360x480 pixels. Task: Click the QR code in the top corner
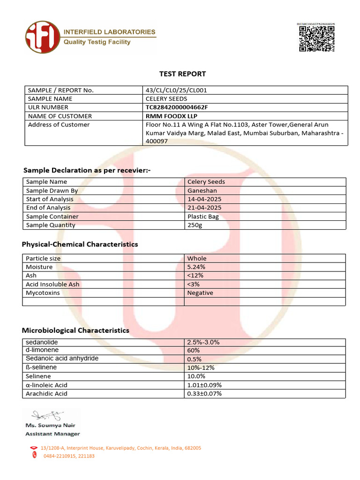[x=317, y=38]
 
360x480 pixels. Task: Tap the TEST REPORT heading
[x=182, y=74]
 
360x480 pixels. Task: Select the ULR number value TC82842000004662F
[x=177, y=107]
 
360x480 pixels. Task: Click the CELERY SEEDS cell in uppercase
[x=166, y=98]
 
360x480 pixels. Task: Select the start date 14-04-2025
[x=204, y=199]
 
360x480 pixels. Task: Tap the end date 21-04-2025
[x=204, y=208]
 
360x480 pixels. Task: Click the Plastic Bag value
[x=203, y=216]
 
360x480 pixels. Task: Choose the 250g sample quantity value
[x=195, y=225]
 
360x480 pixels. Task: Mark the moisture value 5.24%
[x=196, y=267]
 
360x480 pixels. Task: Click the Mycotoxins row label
[x=43, y=292]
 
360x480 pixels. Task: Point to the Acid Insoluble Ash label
[x=52, y=284]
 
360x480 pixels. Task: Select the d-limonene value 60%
[x=194, y=350]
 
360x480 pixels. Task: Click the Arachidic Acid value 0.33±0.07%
[x=204, y=393]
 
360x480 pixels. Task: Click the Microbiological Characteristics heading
[x=75, y=330]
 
